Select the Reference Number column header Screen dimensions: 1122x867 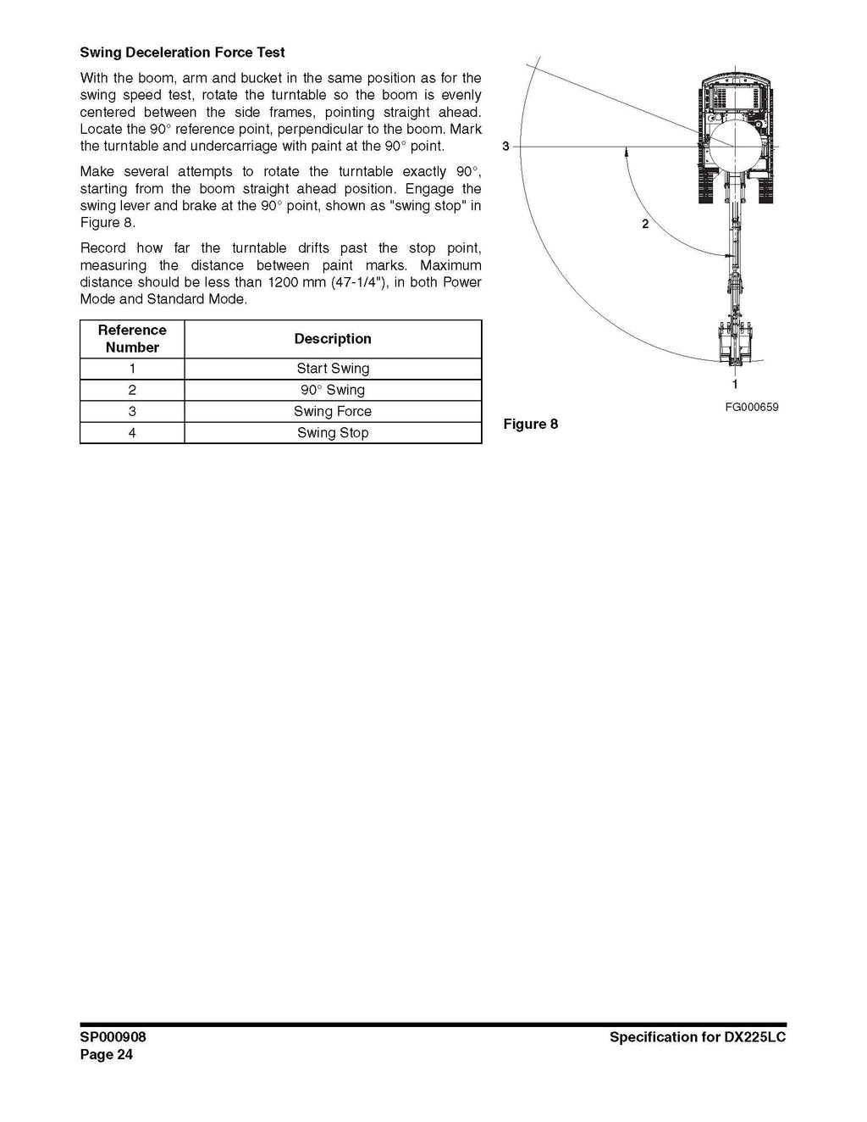point(132,339)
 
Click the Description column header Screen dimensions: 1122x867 point(333,339)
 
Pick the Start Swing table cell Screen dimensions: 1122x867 point(333,369)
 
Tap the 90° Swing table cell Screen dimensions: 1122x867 point(333,390)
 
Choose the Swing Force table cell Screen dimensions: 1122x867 point(333,411)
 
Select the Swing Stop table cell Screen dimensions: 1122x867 point(333,433)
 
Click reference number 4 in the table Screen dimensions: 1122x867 point(132,433)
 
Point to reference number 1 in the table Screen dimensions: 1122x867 point(132,369)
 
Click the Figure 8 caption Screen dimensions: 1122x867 point(531,424)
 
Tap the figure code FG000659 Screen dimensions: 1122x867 point(751,407)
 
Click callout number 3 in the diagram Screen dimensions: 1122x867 point(505,147)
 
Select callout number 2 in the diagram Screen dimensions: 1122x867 point(645,225)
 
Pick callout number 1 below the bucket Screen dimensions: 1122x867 point(735,384)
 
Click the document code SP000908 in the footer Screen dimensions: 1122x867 point(113,1037)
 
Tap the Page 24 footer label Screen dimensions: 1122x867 point(107,1055)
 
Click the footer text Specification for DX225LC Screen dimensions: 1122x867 point(697,1037)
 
